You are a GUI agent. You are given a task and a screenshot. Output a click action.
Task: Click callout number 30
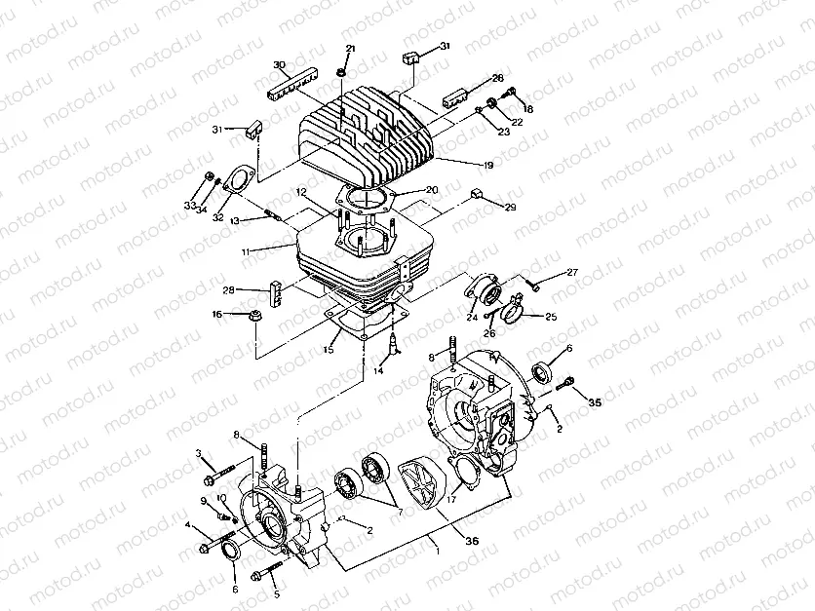(x=280, y=65)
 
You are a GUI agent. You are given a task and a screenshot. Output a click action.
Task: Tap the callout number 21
(x=351, y=49)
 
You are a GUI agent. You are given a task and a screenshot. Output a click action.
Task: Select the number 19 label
(x=487, y=166)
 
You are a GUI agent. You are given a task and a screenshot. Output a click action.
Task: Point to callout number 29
(x=508, y=208)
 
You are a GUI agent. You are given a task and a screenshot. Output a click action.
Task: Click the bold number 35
(x=595, y=401)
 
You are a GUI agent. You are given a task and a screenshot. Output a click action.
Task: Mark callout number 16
(x=217, y=314)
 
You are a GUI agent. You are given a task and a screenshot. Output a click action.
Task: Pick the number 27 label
(x=572, y=272)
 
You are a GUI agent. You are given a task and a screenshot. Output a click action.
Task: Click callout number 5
(x=276, y=593)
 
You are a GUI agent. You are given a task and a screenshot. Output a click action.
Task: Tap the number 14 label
(x=379, y=371)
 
